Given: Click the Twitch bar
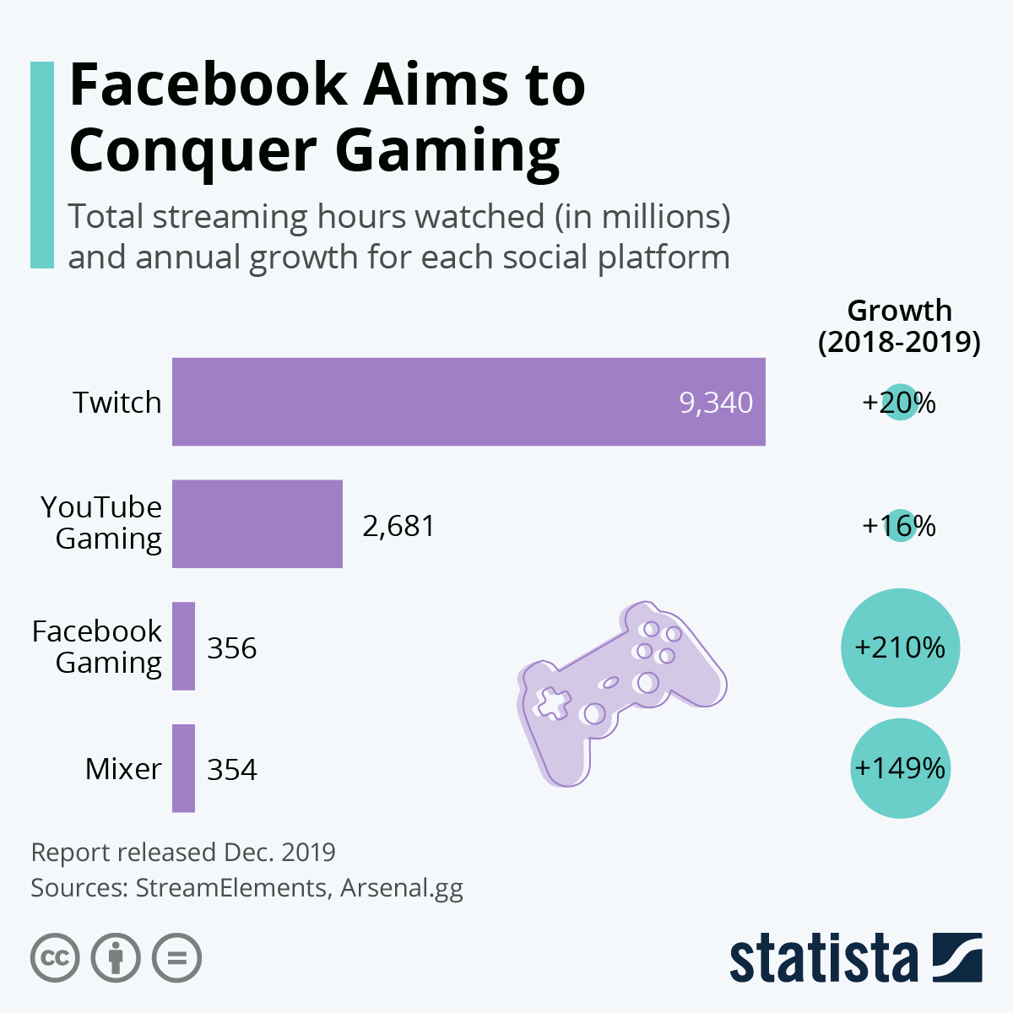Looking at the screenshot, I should tap(469, 402).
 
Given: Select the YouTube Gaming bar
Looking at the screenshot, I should tap(257, 524).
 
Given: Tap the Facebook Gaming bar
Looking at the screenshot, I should tap(183, 647).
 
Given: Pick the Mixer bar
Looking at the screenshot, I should tap(183, 768).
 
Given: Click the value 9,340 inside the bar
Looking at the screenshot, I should tap(716, 403).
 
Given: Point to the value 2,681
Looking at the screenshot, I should tap(398, 526).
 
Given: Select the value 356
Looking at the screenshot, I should tap(232, 648).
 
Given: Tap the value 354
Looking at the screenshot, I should tap(232, 770).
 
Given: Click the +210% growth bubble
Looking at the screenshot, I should tap(900, 647).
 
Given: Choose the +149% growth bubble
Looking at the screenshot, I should tap(900, 768).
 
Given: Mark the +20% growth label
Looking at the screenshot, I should tap(899, 403).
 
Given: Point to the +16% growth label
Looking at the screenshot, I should tap(899, 526).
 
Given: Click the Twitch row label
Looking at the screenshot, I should tap(116, 403).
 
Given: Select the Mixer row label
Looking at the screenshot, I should tap(123, 769).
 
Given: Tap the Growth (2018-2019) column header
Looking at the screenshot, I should tap(899, 327).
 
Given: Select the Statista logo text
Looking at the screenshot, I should tap(823, 959).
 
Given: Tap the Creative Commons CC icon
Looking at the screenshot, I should tap(55, 958).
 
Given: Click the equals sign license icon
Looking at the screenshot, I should tap(177, 958).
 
